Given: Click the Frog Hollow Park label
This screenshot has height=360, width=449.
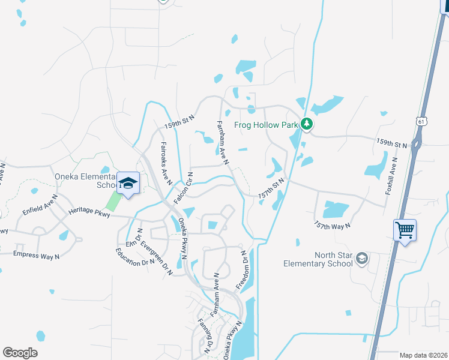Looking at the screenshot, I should (266, 125).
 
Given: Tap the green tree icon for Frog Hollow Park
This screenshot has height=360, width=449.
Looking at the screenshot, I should (307, 124).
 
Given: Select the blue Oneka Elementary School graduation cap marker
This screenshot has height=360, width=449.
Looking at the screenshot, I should (128, 184).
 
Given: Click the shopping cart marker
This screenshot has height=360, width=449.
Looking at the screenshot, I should (405, 230).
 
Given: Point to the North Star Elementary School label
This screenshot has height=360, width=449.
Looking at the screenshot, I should (318, 259).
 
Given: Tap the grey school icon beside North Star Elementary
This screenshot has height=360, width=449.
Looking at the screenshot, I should (362, 259).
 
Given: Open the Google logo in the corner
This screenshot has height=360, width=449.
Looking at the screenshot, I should (20, 353).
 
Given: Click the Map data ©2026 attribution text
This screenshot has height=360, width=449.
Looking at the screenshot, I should (423, 355).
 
